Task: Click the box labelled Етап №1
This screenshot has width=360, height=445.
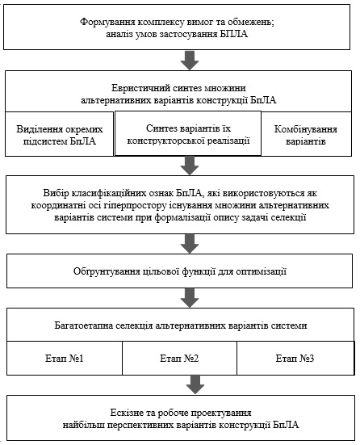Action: (x=65, y=358)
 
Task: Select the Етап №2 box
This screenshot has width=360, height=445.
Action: (x=179, y=358)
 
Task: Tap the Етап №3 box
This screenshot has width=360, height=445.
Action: (x=295, y=358)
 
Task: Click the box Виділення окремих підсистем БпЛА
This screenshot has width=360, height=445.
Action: (x=59, y=134)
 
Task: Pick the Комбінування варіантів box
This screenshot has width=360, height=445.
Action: (x=306, y=134)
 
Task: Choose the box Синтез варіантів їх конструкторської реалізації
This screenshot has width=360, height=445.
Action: (x=188, y=133)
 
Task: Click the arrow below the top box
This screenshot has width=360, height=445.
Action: (x=190, y=60)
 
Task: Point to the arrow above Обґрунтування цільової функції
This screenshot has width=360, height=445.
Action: (x=190, y=244)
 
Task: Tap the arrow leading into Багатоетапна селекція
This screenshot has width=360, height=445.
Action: (x=190, y=298)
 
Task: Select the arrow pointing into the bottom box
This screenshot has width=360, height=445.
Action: (x=195, y=384)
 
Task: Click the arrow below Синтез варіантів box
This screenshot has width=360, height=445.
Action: (x=190, y=166)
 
